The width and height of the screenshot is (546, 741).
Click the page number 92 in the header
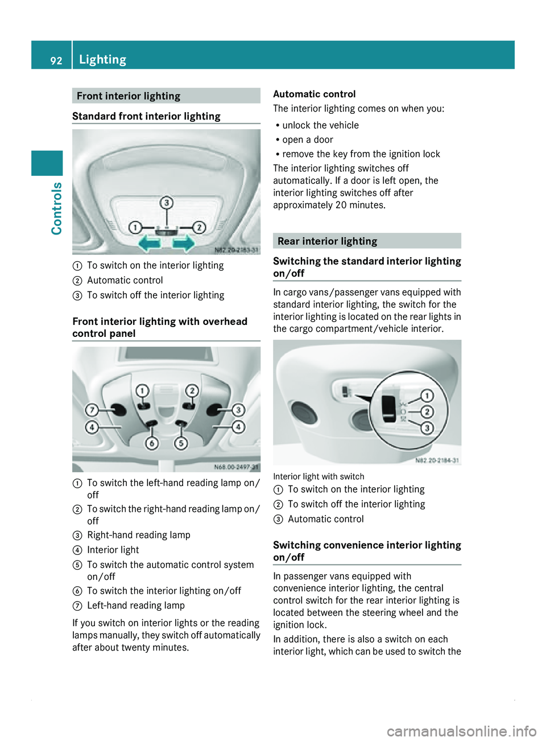[x=56, y=60]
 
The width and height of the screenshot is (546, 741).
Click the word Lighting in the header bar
[x=103, y=59]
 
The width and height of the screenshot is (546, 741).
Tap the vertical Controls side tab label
[x=56, y=208]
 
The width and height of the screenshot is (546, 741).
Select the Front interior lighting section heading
[x=129, y=96]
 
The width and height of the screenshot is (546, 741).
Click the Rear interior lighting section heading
[x=327, y=241]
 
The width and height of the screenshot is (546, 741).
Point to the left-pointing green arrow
[x=150, y=244]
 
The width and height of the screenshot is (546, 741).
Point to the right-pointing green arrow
[x=184, y=244]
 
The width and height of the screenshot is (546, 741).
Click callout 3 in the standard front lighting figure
[x=166, y=203]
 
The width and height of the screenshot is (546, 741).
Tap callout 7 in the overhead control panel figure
[x=92, y=410]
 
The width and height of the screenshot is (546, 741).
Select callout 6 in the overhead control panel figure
[x=152, y=443]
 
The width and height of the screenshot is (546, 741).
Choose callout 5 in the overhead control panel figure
[x=181, y=443]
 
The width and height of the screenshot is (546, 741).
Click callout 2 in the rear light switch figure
[x=427, y=411]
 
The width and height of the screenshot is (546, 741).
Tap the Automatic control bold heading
[x=314, y=94]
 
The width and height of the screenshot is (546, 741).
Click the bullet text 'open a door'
[x=308, y=139]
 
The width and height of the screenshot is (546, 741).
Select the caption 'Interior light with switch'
[x=318, y=476]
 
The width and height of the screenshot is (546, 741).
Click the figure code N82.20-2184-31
[x=437, y=460]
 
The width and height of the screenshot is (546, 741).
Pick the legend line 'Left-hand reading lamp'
[x=136, y=606]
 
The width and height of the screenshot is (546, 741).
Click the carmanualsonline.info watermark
[x=461, y=731]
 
